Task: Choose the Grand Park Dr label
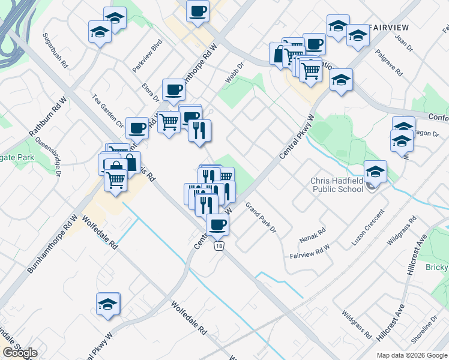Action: [260, 217]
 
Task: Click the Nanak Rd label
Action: [313, 235]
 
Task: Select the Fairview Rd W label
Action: [310, 251]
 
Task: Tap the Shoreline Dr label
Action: [424, 331]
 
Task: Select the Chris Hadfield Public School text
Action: [336, 185]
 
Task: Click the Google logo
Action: [20, 353]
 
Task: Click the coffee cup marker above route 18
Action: [217, 224]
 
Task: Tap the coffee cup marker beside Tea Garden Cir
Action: [137, 128]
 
